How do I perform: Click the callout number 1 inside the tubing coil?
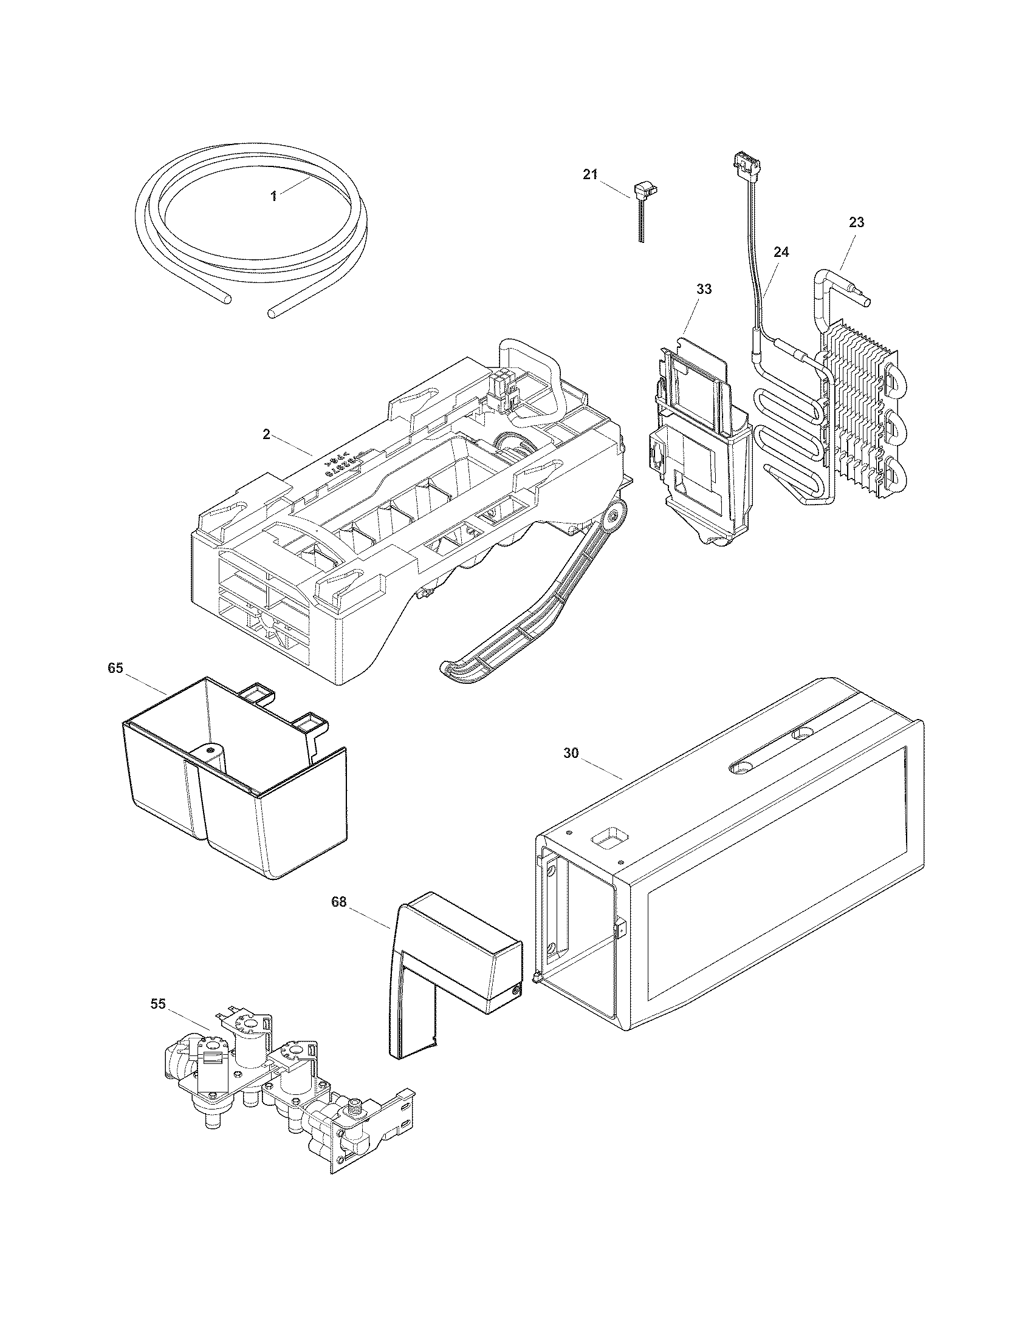pos(274,196)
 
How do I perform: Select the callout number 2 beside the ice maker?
pos(266,434)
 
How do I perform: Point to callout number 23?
pos(856,223)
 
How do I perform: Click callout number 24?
pos(781,252)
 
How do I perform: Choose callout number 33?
pos(704,289)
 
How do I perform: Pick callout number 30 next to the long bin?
pos(571,754)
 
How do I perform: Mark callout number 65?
pos(115,668)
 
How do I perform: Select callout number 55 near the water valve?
pos(158,1004)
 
